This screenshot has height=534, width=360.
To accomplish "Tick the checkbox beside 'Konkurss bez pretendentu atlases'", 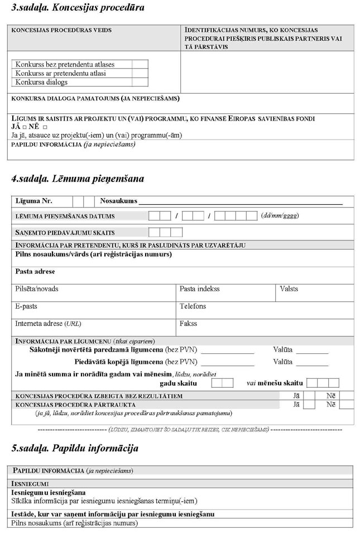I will pos(140,64).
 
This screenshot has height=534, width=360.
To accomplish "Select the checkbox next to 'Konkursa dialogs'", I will pos(140,82).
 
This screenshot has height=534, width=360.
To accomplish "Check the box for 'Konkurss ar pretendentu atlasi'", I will pos(140,73).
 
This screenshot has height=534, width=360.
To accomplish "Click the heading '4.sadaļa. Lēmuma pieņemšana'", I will pos(78,179).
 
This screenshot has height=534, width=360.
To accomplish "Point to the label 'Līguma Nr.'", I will pos(34,201).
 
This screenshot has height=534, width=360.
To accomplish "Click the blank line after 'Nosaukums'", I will pos(240,201).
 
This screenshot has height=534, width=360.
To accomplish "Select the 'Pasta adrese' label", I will pos(35,272).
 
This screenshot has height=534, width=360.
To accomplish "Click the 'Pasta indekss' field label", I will pos(199,289).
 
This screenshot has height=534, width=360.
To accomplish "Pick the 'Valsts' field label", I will pos(289,289).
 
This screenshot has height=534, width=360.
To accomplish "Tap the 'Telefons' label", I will pos(193,306).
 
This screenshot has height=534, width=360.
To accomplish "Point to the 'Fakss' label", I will pos(188,324).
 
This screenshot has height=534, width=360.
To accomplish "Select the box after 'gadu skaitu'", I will pos(222,383).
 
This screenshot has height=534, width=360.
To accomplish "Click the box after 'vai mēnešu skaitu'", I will pos(323,383).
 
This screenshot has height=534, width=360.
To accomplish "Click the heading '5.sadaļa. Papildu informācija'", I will pos(75,449).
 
